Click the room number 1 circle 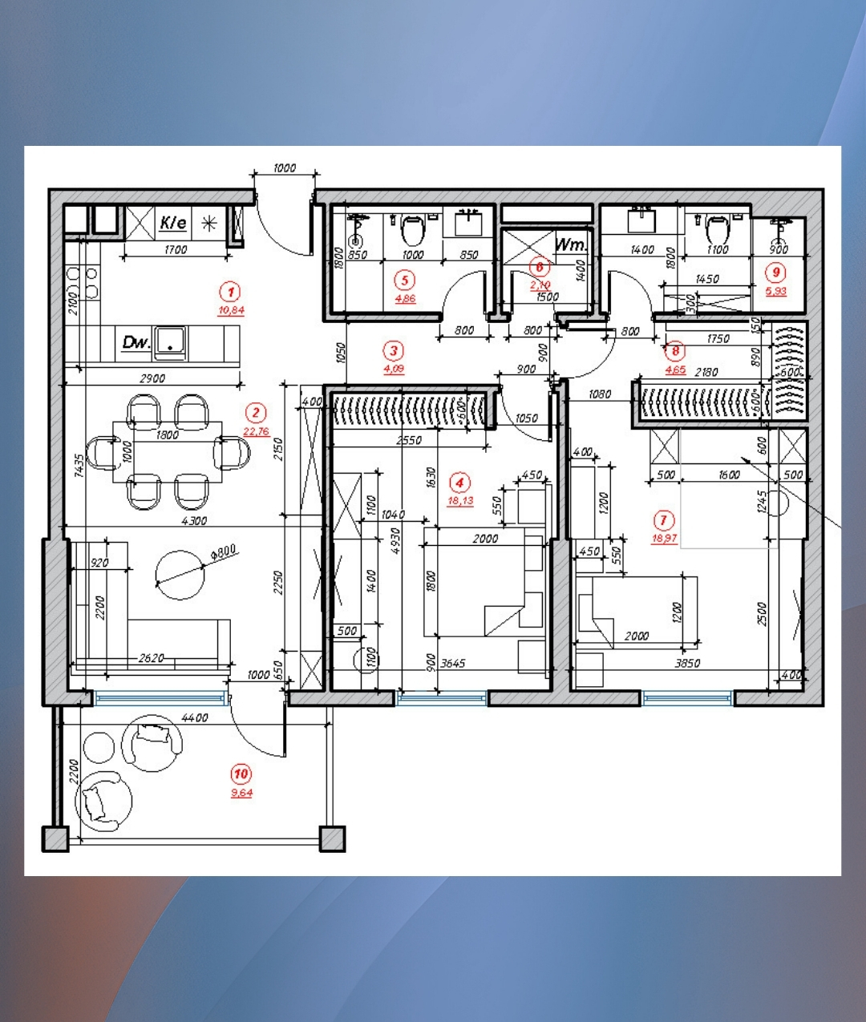pos(230,292)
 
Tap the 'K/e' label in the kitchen pos(173,222)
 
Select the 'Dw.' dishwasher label pos(136,342)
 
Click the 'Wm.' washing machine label pos(572,244)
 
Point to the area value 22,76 pos(256,431)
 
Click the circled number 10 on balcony pos(241,774)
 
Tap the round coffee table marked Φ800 pos(180,575)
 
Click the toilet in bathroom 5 pos(412,230)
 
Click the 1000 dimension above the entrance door pos(284,168)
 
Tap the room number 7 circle pos(663,520)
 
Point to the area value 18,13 pos(460,501)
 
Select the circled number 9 pos(775,273)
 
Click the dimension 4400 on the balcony pos(195,717)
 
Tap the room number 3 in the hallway pos(393,350)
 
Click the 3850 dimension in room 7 pos(687,663)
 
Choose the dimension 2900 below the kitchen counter pos(152,378)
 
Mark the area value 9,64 pos(241,793)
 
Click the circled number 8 pos(675,351)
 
